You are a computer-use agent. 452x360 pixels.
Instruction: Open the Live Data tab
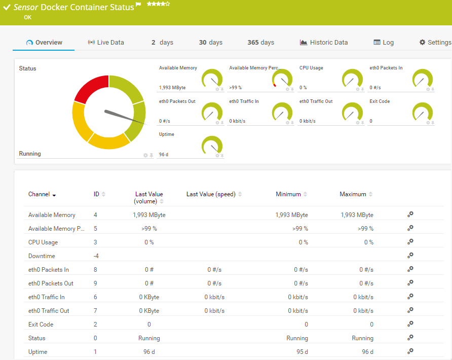(106, 43)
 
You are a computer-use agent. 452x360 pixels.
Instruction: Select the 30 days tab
(210, 43)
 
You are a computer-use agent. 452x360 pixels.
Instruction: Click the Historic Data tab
(324, 43)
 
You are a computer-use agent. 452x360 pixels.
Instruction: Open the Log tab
(384, 43)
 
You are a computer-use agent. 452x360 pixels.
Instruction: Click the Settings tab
(435, 43)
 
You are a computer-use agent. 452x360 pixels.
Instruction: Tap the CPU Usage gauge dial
(353, 80)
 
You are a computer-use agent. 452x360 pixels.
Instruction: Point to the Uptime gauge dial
(212, 146)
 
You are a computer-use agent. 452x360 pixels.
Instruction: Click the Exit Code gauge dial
(423, 113)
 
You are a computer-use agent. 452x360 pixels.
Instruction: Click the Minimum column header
(288, 194)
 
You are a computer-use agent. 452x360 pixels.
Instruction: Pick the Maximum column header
(353, 194)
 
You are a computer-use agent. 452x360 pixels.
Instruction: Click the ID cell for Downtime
(96, 256)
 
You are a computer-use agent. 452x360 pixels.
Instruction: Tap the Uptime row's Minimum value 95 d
(302, 352)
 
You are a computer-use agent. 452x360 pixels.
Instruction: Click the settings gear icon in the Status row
(410, 338)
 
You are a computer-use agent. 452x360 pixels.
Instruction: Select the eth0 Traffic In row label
(47, 297)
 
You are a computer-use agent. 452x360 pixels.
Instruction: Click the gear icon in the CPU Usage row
(410, 242)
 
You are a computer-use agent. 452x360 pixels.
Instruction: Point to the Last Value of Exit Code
(149, 325)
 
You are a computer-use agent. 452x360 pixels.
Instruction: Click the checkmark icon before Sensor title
(7, 8)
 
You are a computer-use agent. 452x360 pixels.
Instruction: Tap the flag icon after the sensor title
(138, 6)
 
